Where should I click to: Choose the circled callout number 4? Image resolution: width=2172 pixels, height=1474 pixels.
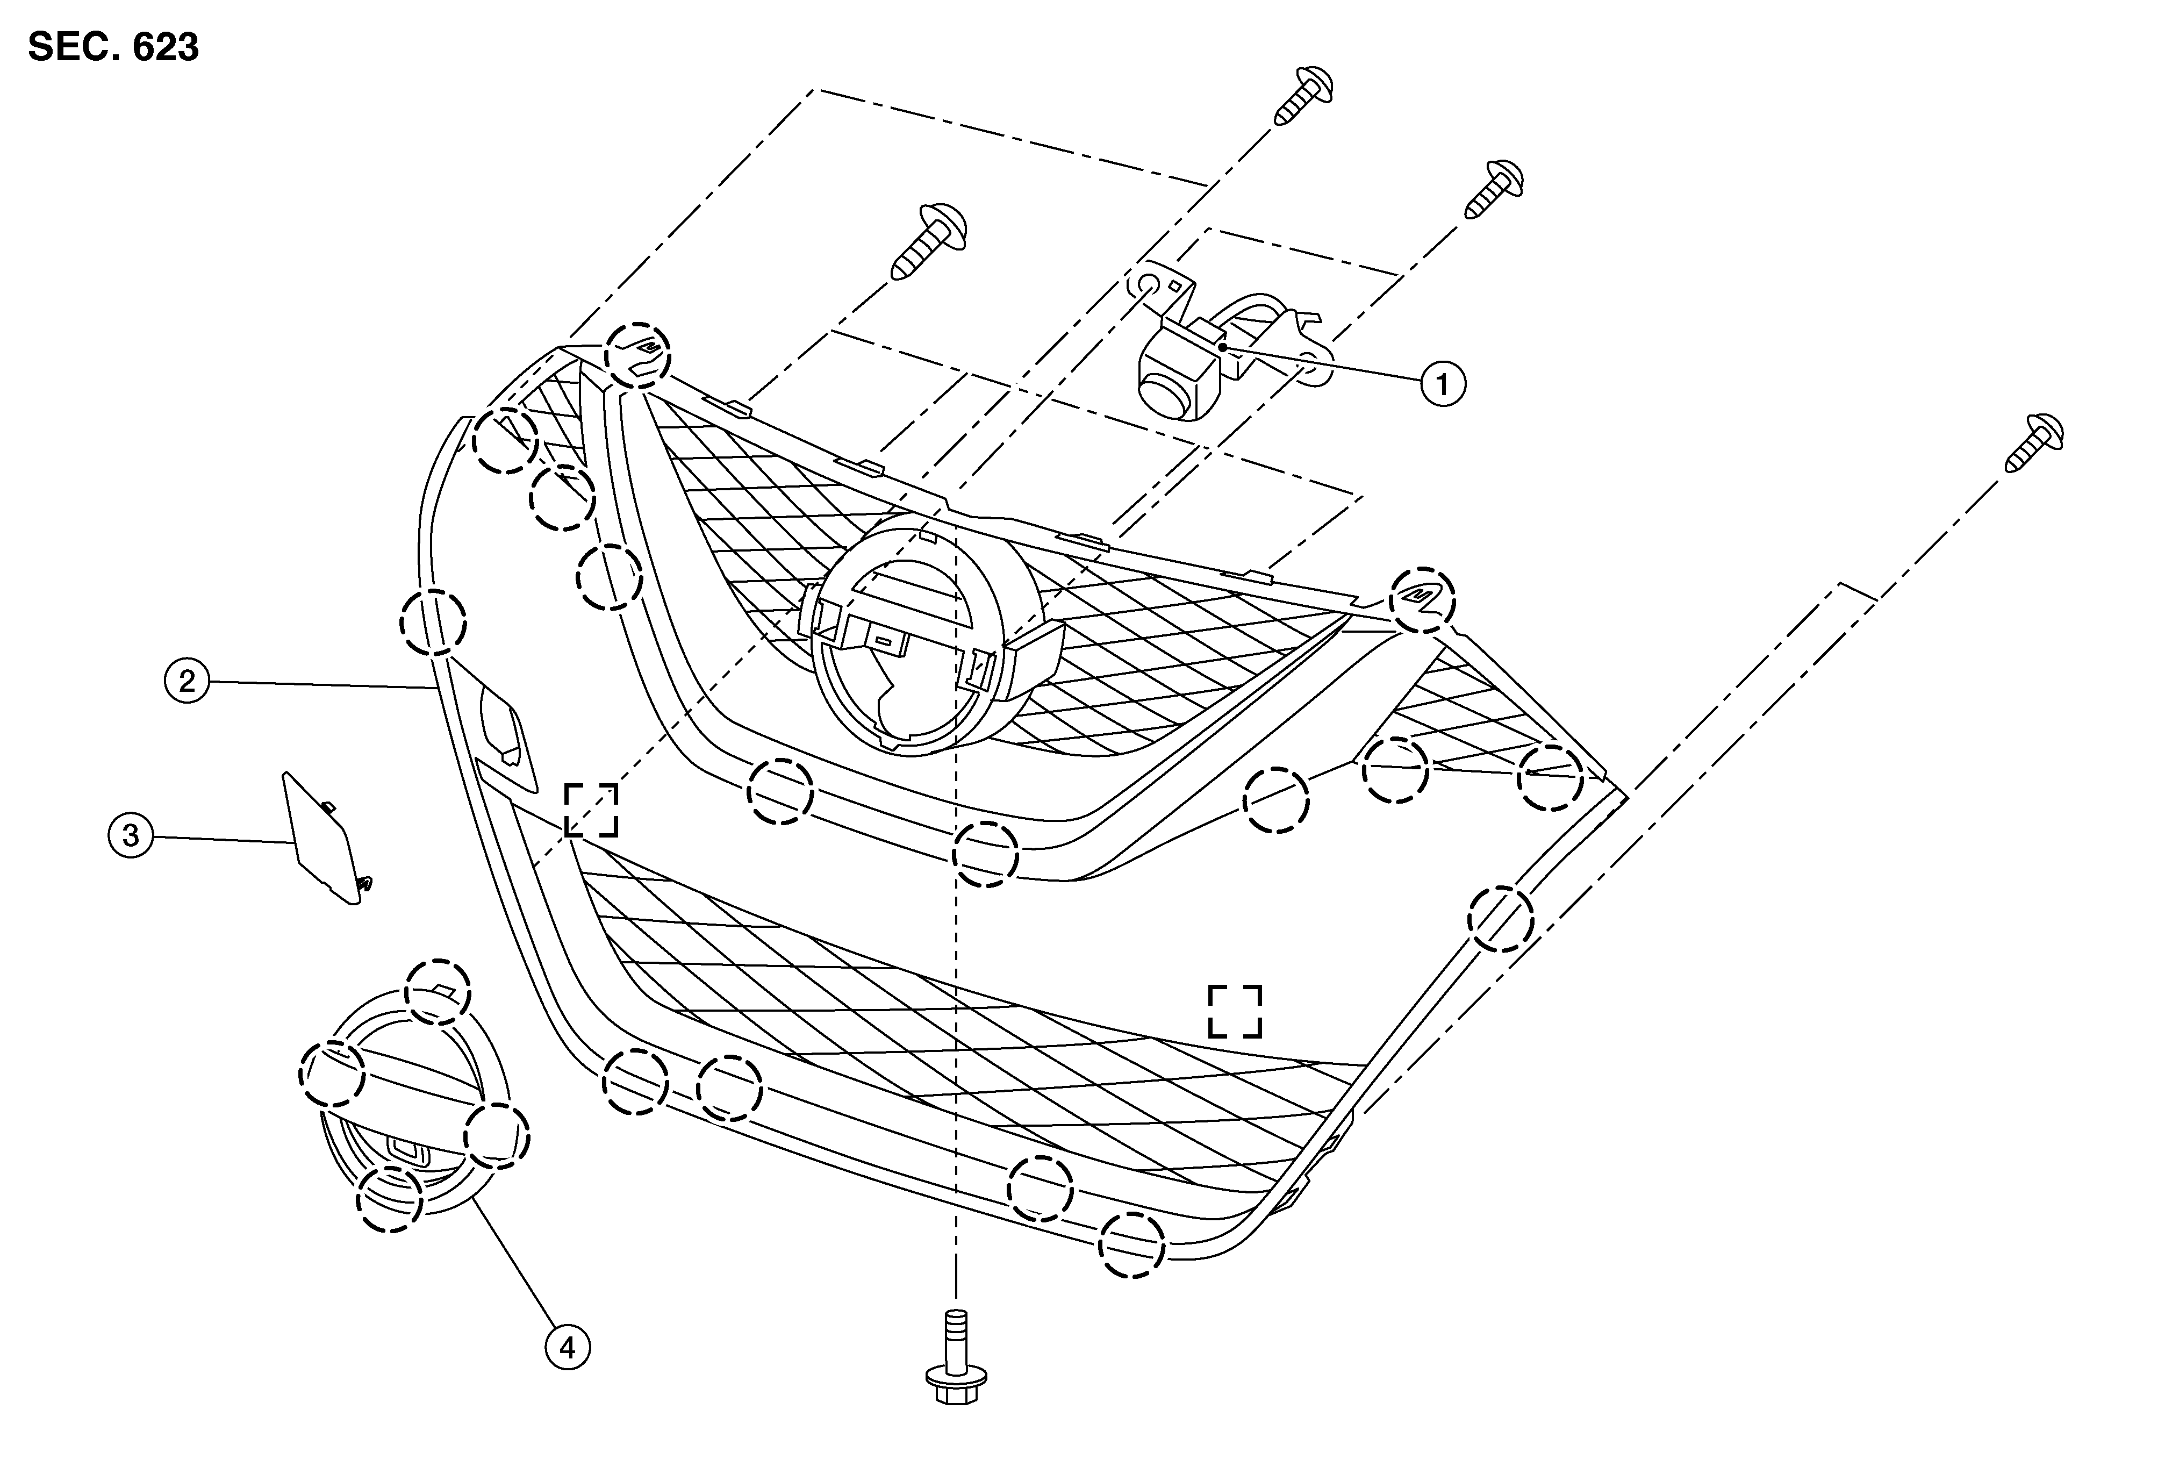(x=567, y=1347)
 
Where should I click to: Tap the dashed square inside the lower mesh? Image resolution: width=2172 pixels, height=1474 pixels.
(x=1235, y=1011)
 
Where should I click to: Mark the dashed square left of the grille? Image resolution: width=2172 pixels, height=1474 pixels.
(x=591, y=810)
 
